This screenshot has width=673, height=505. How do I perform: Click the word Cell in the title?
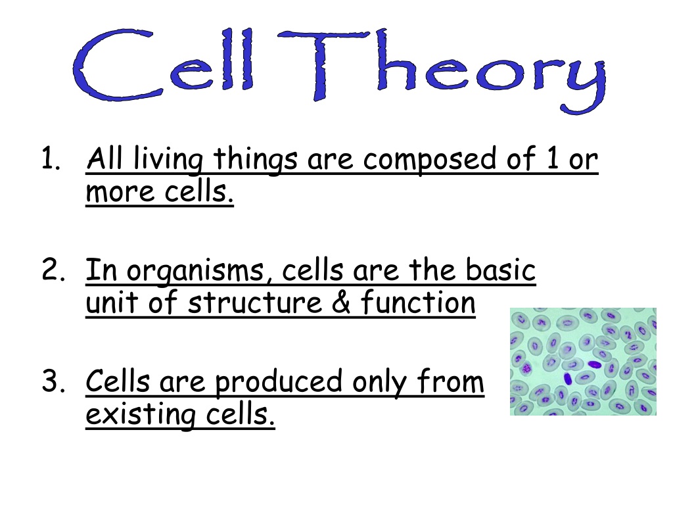[163, 64]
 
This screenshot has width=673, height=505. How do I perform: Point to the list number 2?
[53, 269]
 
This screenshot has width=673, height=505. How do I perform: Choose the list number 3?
[53, 381]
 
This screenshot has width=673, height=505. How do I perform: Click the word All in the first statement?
[104, 158]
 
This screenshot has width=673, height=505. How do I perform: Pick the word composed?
[429, 160]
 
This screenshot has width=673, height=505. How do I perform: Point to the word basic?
[500, 269]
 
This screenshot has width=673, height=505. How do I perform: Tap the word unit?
[112, 302]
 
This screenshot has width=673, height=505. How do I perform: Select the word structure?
[254, 302]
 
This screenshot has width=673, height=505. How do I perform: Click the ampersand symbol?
[341, 301]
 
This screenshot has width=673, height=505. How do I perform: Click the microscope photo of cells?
[583, 362]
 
